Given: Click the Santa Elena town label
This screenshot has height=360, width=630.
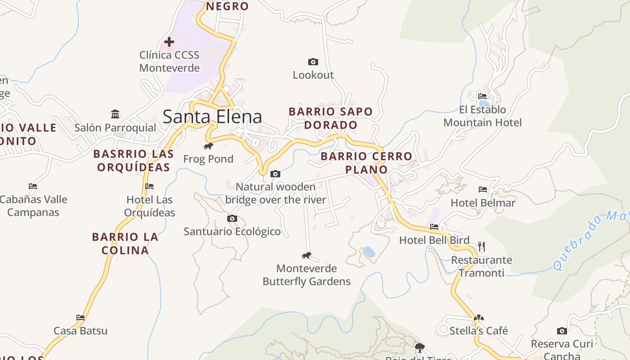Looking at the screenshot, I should (212, 117).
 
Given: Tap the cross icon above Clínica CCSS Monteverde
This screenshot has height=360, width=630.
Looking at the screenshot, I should (169, 42).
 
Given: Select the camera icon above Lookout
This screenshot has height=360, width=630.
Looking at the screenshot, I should (313, 62).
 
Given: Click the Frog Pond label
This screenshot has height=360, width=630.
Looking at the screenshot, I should (208, 159).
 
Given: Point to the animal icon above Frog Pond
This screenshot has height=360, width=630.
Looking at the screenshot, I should (208, 146).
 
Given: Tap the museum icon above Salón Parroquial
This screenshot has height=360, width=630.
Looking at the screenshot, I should (115, 114).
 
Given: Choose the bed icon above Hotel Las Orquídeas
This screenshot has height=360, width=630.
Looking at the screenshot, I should (149, 186).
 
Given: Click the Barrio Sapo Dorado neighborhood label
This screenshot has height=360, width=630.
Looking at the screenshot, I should (331, 118).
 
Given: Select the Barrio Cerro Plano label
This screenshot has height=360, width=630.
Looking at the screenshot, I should (366, 162).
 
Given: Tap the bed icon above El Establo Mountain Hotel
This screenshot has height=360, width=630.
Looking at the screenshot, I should (482, 96).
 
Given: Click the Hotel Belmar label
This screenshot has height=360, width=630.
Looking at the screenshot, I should (483, 203).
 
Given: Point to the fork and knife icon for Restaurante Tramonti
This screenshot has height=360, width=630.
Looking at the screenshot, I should (481, 246).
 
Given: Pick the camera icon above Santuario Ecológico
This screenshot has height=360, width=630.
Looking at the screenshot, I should (232, 218).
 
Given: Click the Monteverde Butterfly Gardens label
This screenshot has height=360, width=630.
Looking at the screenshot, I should (306, 275).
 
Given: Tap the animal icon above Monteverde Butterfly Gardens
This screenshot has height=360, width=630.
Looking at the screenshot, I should (306, 256).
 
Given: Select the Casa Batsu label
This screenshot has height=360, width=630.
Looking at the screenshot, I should (81, 331).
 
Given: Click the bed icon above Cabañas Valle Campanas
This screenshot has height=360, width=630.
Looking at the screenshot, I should (33, 186).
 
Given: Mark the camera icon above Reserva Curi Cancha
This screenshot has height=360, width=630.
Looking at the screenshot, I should (562, 331).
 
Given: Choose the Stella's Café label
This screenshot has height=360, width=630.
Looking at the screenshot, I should (479, 331).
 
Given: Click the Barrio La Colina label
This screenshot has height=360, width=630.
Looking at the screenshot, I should (125, 243).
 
